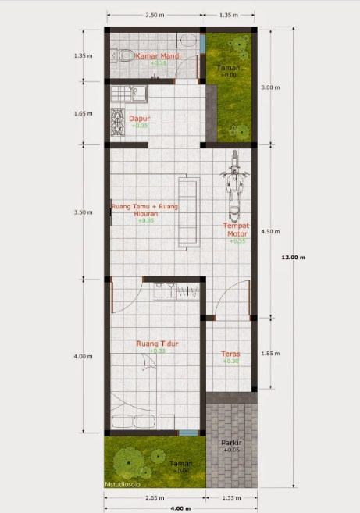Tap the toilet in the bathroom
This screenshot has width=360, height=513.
(x=121, y=55)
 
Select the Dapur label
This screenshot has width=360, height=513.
(x=140, y=119)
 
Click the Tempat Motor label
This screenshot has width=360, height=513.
(x=237, y=229)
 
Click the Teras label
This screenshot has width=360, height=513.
(x=230, y=353)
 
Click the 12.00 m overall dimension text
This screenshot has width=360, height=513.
(x=293, y=256)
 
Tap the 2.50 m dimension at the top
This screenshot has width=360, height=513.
(x=155, y=15)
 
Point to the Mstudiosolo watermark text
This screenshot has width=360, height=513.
(x=125, y=484)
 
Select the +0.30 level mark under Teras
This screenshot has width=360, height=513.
(x=230, y=362)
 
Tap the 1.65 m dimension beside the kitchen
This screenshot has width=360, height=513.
(x=84, y=113)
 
